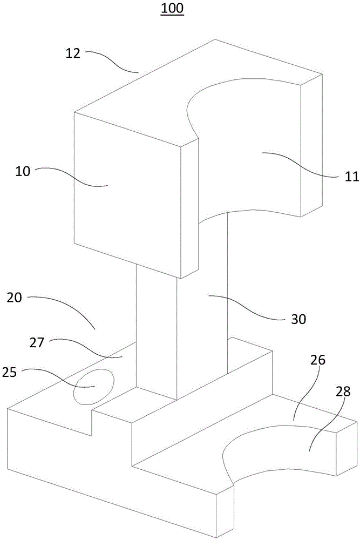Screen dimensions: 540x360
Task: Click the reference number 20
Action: point(17,298)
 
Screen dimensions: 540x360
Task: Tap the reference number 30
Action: point(298,319)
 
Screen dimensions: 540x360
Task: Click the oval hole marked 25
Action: point(94,386)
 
